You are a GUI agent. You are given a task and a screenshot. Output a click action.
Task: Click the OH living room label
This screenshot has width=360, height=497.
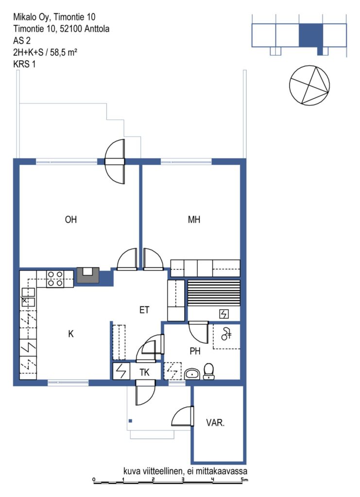tap(71, 220)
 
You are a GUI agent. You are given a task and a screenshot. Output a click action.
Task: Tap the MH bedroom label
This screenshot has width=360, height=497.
tap(194, 220)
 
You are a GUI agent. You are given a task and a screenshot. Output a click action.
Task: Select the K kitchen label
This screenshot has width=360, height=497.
tap(71, 334)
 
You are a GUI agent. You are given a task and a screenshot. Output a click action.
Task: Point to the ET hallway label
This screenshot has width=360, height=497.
tap(144, 310)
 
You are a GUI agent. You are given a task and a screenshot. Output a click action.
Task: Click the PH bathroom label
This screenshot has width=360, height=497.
tap(195, 351)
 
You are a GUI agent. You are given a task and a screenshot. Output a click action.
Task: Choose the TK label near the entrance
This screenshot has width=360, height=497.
tap(145, 372)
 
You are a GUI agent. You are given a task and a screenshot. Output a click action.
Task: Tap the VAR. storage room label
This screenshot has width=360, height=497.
tap(215, 423)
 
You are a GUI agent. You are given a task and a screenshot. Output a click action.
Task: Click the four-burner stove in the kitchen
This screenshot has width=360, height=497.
tap(55, 279)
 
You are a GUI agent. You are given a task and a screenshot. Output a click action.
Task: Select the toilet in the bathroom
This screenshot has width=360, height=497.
tap(208, 371)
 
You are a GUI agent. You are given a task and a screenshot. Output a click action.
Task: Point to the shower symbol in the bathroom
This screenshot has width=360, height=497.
tap(226, 334)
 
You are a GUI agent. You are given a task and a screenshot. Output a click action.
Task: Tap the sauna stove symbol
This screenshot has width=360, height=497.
tap(224, 315)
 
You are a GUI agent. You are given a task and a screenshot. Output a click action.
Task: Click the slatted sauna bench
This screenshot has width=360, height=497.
tap(214, 293)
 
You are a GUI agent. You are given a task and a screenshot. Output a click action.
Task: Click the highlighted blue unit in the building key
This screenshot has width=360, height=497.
tap(311, 35)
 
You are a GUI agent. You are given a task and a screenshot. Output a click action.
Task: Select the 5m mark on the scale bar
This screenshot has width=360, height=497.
tap(244, 479)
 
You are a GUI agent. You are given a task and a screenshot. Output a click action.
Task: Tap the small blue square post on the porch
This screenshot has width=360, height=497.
tap(130, 421)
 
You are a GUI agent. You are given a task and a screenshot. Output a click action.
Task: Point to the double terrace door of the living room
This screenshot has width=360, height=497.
tap(115, 162)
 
